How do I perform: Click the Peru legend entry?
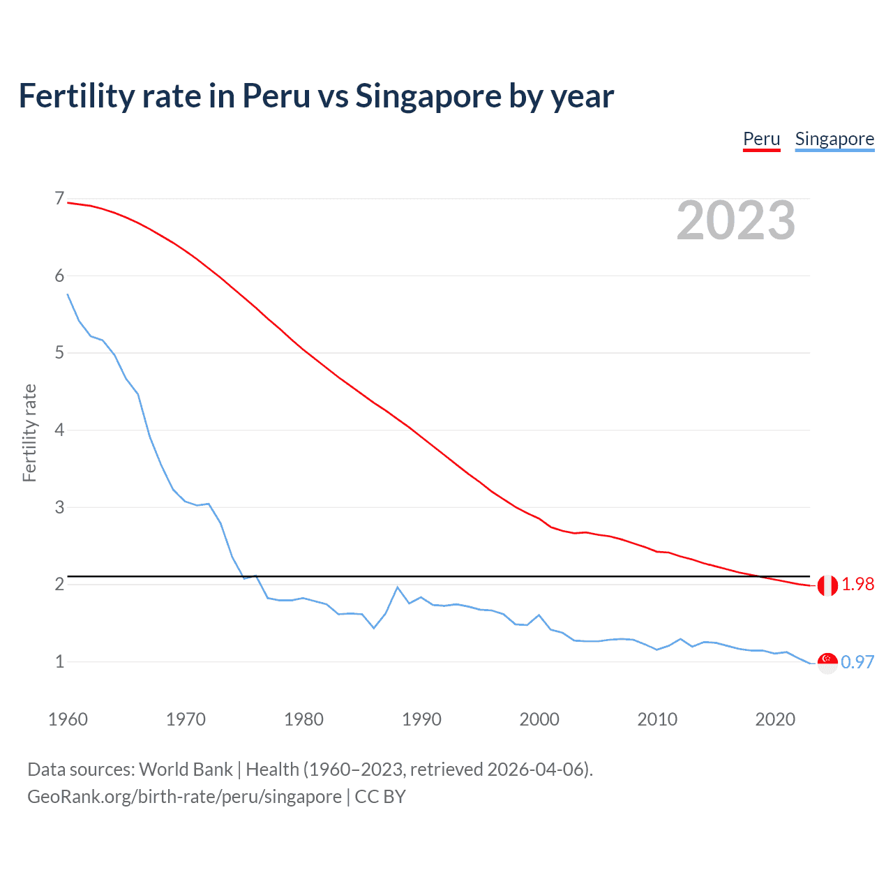tap(761, 140)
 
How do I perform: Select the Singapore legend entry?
tap(834, 140)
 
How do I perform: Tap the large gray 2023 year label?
tap(735, 220)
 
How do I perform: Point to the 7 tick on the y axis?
tap(59, 199)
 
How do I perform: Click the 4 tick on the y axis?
tap(59, 430)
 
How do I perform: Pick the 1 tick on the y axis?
tap(59, 661)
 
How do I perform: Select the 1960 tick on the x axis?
tap(68, 719)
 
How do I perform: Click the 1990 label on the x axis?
tap(421, 719)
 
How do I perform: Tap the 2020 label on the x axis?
tap(775, 719)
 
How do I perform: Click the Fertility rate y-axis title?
tap(29, 433)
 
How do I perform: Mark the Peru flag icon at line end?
tap(827, 585)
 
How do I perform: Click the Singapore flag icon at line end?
tap(827, 663)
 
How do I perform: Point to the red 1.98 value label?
tap(857, 585)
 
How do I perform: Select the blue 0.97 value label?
tap(857, 662)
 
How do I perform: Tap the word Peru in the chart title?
tap(276, 96)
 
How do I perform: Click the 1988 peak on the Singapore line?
tap(398, 587)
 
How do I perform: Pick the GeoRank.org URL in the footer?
tap(184, 797)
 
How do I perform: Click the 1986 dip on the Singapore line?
tap(374, 628)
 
